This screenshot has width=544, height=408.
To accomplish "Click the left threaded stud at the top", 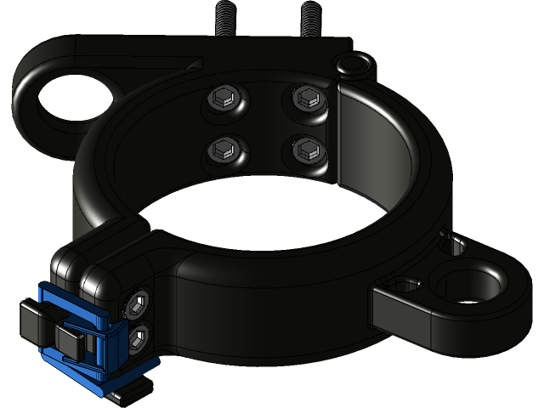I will coord(226,16).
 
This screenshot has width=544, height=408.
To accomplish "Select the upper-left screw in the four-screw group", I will coord(226,99).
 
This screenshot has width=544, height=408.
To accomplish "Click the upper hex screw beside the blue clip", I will coord(138,303).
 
